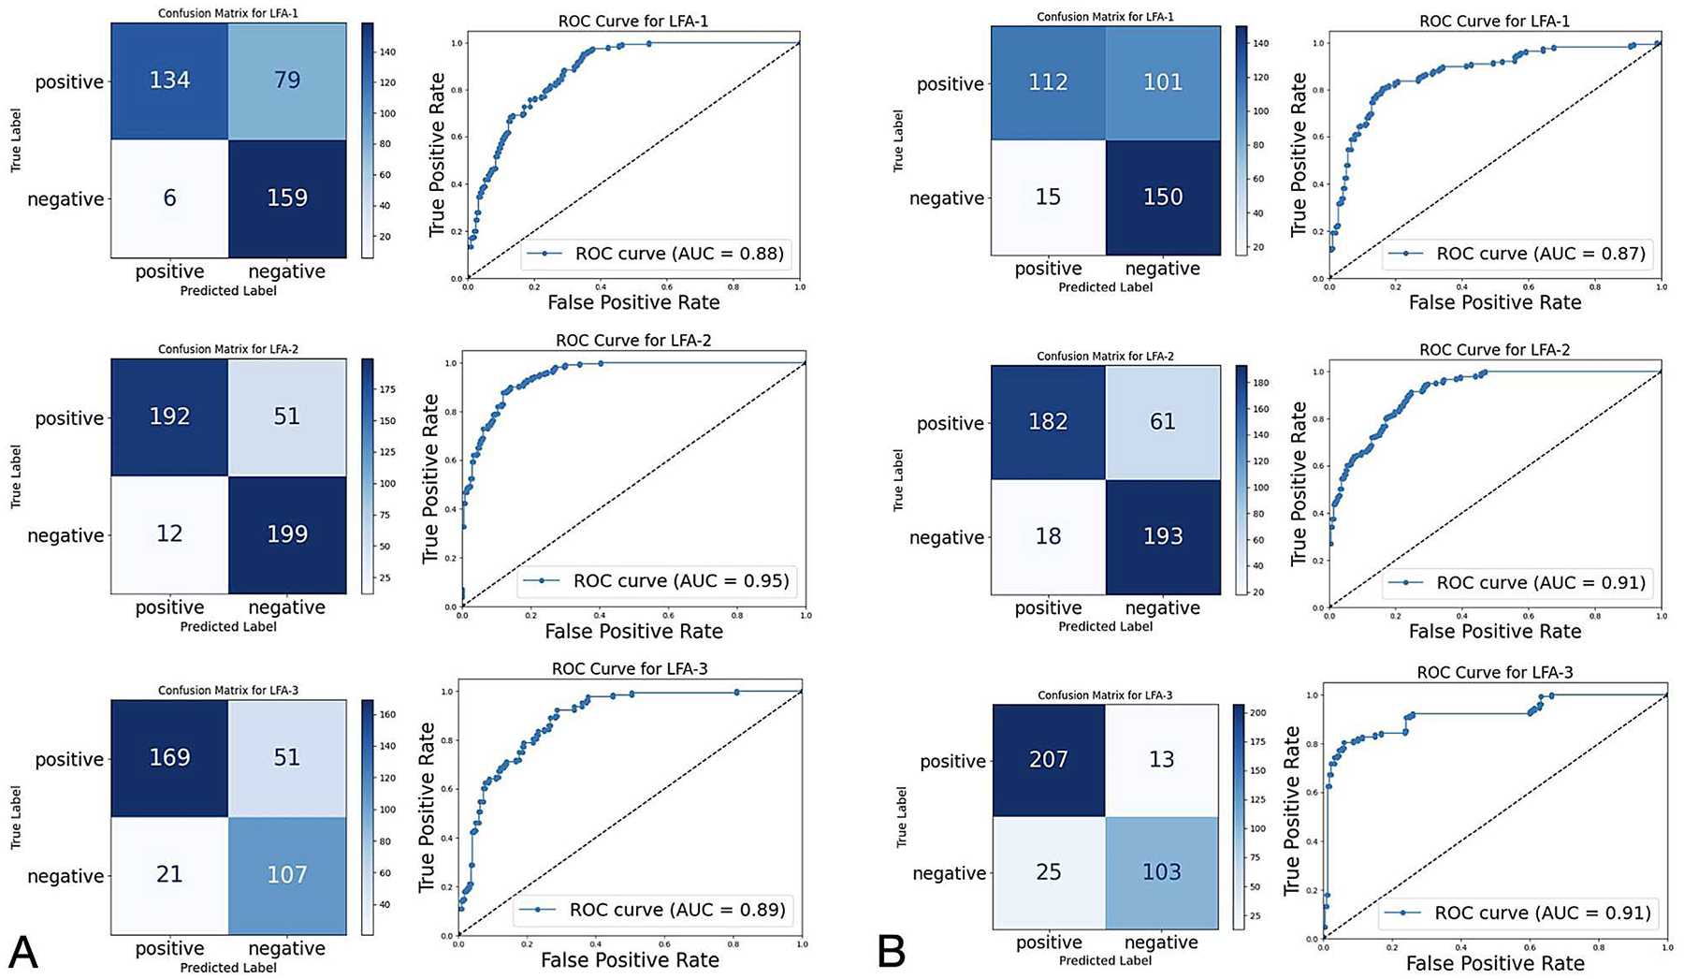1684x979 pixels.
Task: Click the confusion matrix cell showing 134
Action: click(169, 80)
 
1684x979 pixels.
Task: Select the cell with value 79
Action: click(287, 80)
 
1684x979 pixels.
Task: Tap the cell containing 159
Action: click(287, 198)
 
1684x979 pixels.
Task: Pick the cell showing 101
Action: click(1163, 82)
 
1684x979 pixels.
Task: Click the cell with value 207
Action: click(1048, 760)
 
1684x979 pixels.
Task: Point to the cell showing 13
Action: click(1161, 760)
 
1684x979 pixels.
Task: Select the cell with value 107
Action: click(287, 875)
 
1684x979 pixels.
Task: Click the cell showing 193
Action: click(1163, 536)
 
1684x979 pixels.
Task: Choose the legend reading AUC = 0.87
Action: click(1517, 254)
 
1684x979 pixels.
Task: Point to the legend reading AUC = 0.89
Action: click(653, 910)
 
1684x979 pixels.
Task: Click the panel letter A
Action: click(22, 953)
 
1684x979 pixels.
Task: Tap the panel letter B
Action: click(892, 953)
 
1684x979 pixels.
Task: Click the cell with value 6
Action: click(169, 198)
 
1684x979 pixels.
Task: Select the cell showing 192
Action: click(169, 416)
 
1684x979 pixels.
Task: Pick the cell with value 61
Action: click(1163, 422)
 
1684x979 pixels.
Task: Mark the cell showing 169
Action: click(169, 757)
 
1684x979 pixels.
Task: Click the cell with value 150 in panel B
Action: click(1163, 197)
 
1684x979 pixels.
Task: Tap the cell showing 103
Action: click(1161, 872)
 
